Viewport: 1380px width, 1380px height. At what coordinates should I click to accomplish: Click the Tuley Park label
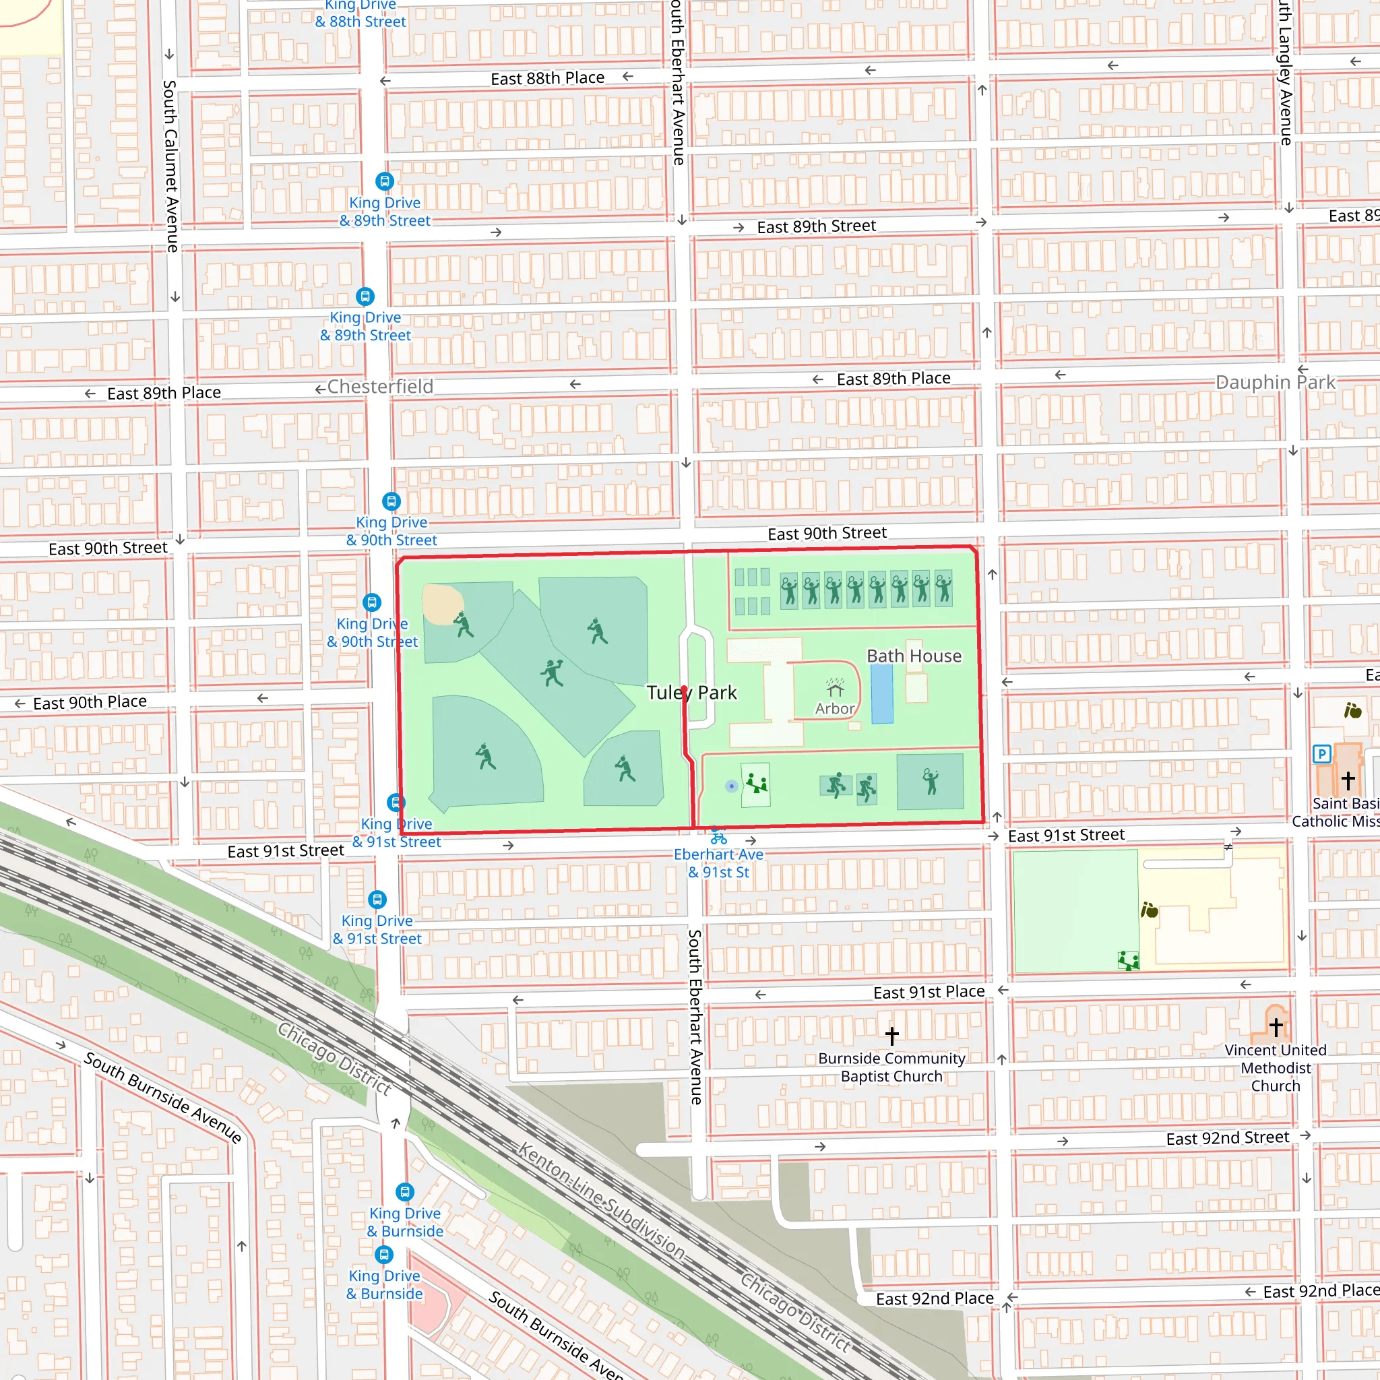pos(691,692)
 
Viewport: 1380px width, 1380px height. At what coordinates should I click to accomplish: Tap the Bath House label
pos(914,656)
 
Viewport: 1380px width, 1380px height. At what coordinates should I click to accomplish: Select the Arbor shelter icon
pos(834,688)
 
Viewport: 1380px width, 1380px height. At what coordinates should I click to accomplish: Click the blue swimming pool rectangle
pos(882,693)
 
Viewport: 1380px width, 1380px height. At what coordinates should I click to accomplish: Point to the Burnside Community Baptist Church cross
pos(891,1035)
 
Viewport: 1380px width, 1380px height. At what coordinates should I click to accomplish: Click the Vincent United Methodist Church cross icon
pos(1276,1027)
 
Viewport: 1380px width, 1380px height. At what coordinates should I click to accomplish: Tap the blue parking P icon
pos(1321,753)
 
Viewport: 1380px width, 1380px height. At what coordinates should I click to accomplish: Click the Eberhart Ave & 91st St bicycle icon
pos(718,838)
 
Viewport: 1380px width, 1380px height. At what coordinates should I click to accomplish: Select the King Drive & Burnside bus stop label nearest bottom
pos(384,1284)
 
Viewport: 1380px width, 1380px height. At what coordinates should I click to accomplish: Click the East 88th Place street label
pos(547,78)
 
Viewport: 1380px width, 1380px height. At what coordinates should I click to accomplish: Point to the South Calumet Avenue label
pos(170,166)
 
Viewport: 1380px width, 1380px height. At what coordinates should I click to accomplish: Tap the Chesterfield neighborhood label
pos(380,386)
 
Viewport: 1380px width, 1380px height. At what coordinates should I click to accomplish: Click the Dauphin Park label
pos(1275,382)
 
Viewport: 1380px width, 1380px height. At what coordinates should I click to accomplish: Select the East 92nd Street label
pos(1227,1138)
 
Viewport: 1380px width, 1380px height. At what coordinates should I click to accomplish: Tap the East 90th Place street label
pos(90,702)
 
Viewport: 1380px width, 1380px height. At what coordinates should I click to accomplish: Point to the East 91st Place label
pos(929,991)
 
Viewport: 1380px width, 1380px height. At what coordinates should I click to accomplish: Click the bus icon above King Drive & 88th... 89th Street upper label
pos(384,181)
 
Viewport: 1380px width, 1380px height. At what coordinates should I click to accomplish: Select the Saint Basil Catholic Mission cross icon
pos(1348,780)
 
